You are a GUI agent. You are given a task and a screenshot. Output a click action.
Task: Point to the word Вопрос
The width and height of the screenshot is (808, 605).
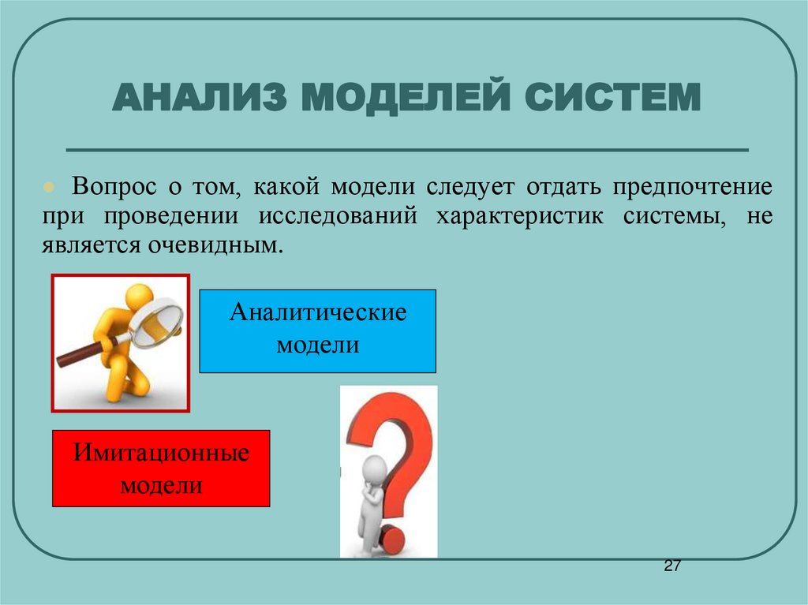114,189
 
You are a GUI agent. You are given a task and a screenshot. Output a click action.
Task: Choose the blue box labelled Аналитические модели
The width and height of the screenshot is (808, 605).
317,331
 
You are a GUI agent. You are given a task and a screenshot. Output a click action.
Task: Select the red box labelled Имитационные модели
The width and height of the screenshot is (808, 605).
161,468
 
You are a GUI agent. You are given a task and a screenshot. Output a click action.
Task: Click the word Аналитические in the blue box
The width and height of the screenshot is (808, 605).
318,313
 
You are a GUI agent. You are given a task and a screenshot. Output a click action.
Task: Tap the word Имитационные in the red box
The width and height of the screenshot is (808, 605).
162,454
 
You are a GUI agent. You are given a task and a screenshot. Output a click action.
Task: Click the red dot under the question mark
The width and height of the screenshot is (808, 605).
392,540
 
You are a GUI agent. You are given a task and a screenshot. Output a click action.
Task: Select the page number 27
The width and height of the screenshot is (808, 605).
671,567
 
